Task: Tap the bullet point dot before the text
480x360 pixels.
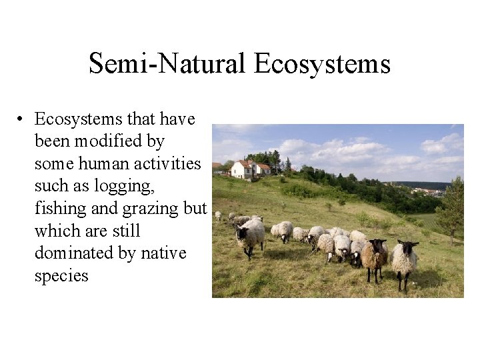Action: coord(22,120)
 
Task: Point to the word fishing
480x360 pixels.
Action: coord(61,209)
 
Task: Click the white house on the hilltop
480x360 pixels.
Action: coord(243,169)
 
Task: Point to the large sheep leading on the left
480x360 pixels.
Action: coord(250,235)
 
